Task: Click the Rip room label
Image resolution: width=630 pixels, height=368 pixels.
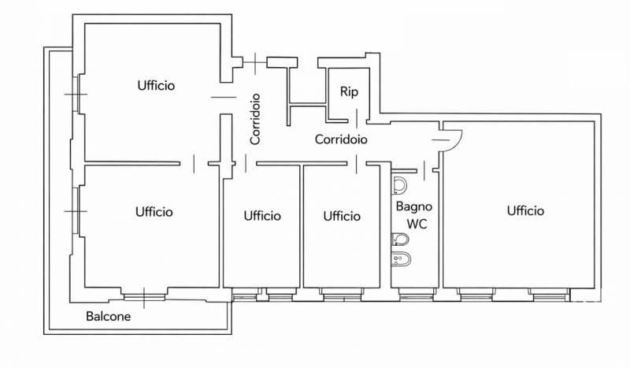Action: (349, 91)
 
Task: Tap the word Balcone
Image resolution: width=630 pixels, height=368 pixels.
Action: (108, 318)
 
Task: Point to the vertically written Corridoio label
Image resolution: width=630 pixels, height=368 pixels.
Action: (255, 120)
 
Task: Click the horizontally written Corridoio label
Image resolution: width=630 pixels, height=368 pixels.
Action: (341, 139)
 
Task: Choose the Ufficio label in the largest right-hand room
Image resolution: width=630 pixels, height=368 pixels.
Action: (525, 210)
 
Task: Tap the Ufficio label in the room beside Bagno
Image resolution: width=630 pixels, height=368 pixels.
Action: (342, 215)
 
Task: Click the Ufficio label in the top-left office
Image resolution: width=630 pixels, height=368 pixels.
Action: (155, 84)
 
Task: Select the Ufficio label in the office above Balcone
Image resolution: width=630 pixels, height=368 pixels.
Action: (154, 211)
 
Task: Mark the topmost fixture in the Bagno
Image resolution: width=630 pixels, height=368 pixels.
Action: (399, 185)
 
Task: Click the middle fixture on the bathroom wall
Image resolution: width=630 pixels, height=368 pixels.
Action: (396, 238)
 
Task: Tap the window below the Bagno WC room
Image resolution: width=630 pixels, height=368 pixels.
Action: (410, 297)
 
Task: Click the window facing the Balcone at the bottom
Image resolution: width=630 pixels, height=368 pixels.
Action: (145, 296)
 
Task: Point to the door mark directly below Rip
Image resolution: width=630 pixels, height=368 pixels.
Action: (358, 117)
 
